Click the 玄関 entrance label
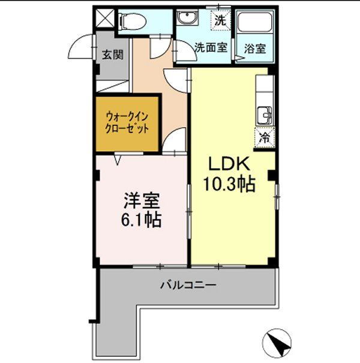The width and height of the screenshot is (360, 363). (x=112, y=55)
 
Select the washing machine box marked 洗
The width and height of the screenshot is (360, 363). (x=221, y=19)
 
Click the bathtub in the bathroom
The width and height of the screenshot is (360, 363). (x=254, y=25)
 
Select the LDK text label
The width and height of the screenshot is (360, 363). (x=224, y=164)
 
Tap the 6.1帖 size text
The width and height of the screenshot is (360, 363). (x=142, y=220)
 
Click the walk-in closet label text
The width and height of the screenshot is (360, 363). (x=127, y=122)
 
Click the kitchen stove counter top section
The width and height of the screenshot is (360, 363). (x=264, y=87)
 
